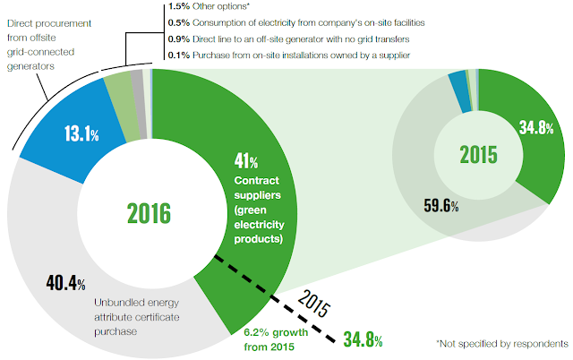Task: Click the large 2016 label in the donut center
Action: [150, 213]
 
